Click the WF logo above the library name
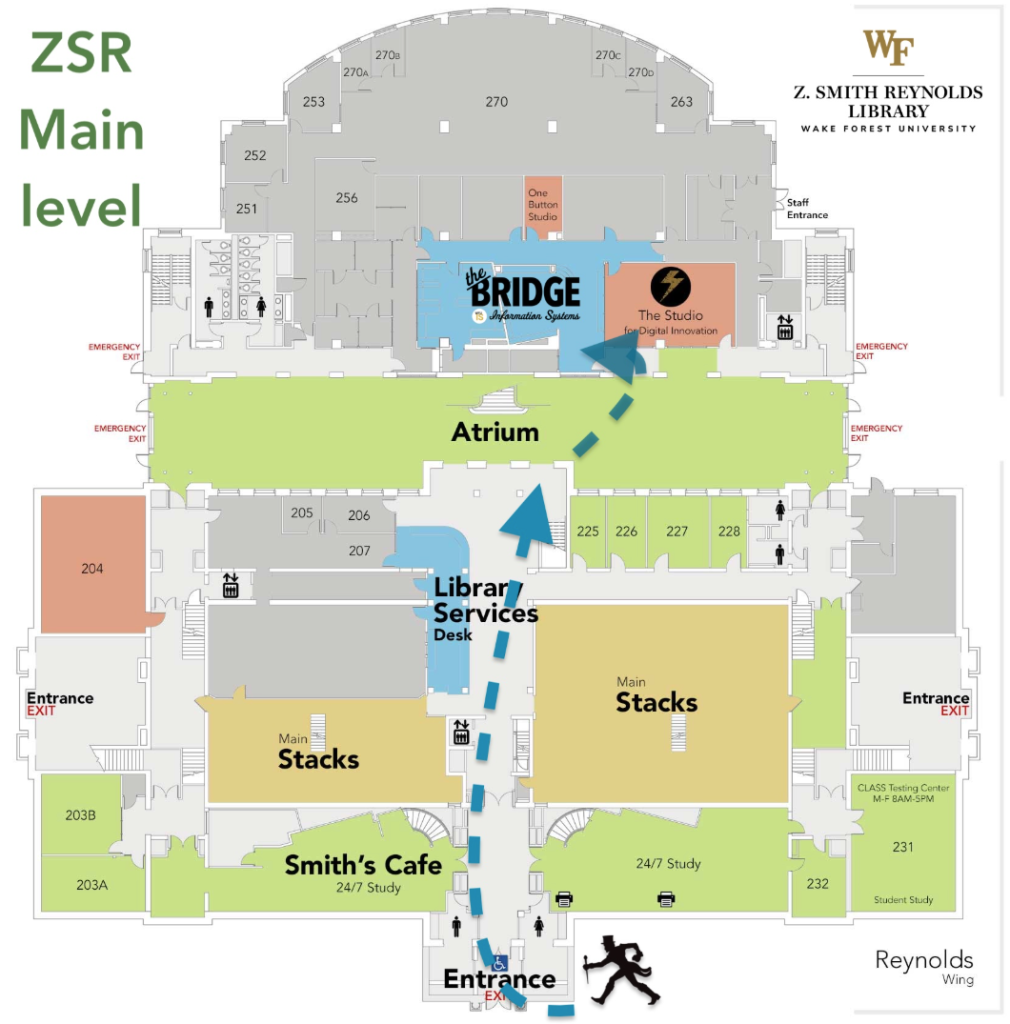click(889, 48)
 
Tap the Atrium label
click(495, 433)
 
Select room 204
click(92, 568)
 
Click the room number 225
click(588, 531)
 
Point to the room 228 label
click(729, 531)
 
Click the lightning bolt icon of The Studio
click(670, 287)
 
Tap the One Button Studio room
click(543, 205)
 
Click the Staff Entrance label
click(807, 208)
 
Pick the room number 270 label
click(496, 102)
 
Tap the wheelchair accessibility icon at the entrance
click(500, 962)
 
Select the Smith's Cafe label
click(363, 865)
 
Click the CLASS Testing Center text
click(903, 793)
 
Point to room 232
click(817, 883)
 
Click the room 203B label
click(80, 815)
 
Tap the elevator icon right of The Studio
click(785, 326)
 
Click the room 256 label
click(346, 198)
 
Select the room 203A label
click(91, 885)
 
